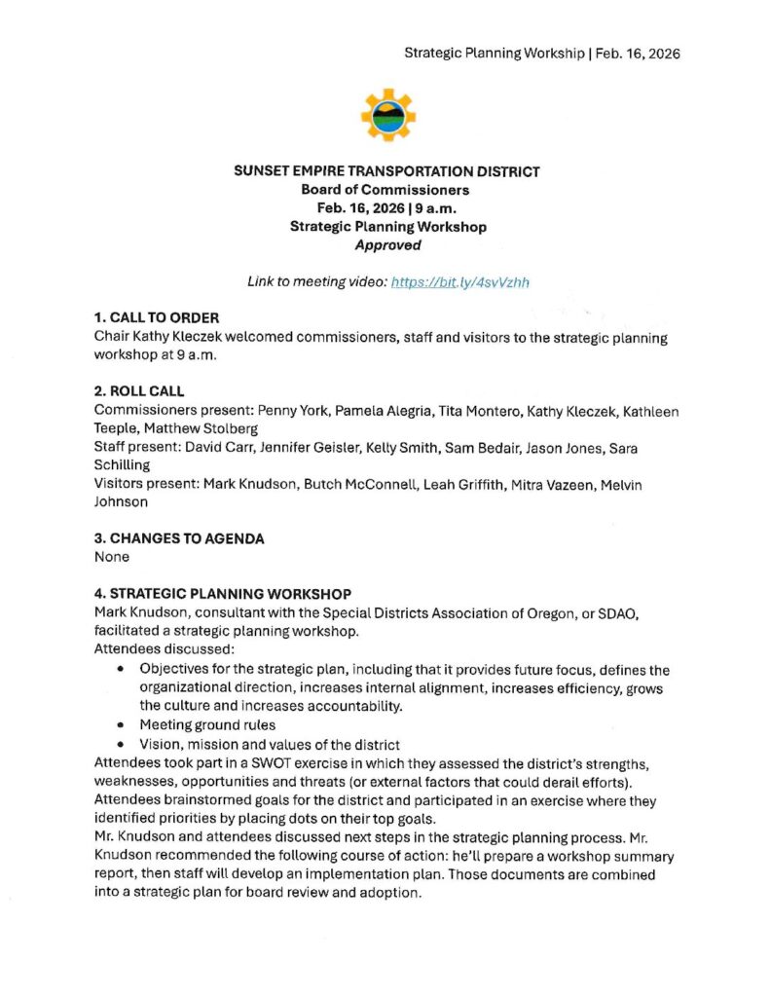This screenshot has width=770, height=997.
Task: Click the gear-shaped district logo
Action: coord(387,115)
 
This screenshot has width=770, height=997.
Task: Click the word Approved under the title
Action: coord(387,245)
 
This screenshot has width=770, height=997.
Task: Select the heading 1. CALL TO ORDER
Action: coord(157,317)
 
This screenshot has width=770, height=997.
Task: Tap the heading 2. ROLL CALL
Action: coord(139,391)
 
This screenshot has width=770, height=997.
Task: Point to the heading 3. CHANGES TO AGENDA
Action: coord(179,538)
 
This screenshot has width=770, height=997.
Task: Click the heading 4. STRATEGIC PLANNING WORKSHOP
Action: coord(223,593)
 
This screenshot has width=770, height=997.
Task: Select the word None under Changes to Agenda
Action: coord(112,558)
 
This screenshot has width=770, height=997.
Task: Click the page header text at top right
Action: coord(542,53)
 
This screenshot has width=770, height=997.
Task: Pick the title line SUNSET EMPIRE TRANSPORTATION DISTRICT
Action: coord(386,171)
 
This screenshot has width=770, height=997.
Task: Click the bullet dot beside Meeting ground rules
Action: coord(120,725)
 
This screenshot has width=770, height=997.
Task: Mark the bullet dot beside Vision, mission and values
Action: coord(120,744)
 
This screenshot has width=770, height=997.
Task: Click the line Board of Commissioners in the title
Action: coord(385,190)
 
